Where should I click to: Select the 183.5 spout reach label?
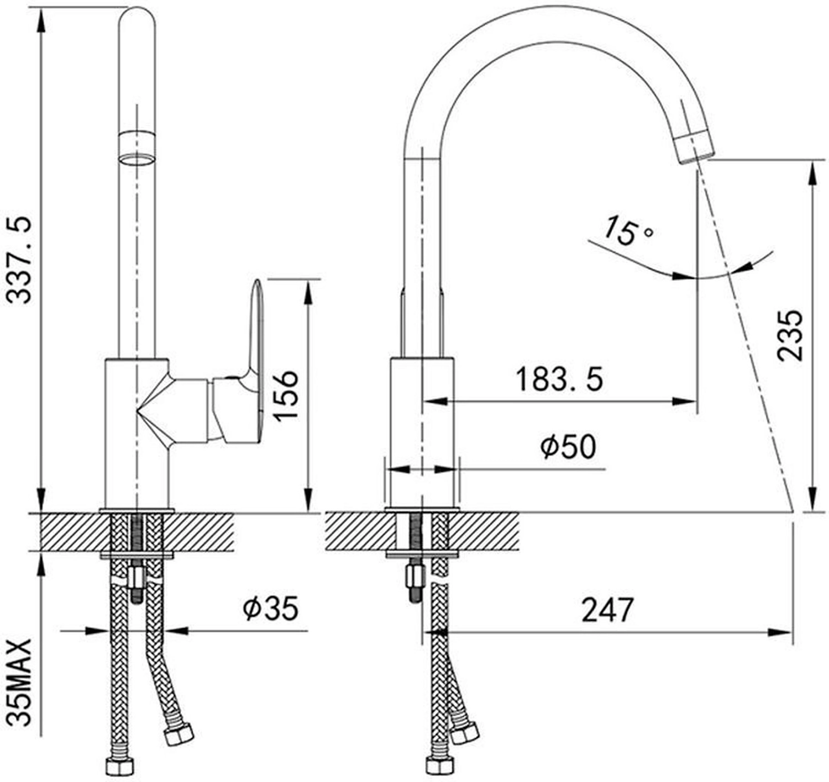pos(560,379)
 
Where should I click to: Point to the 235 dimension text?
pos(790,336)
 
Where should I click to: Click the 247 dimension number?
pos(608,610)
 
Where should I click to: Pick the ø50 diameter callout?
pos(568,446)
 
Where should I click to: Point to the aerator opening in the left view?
pos(137,160)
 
